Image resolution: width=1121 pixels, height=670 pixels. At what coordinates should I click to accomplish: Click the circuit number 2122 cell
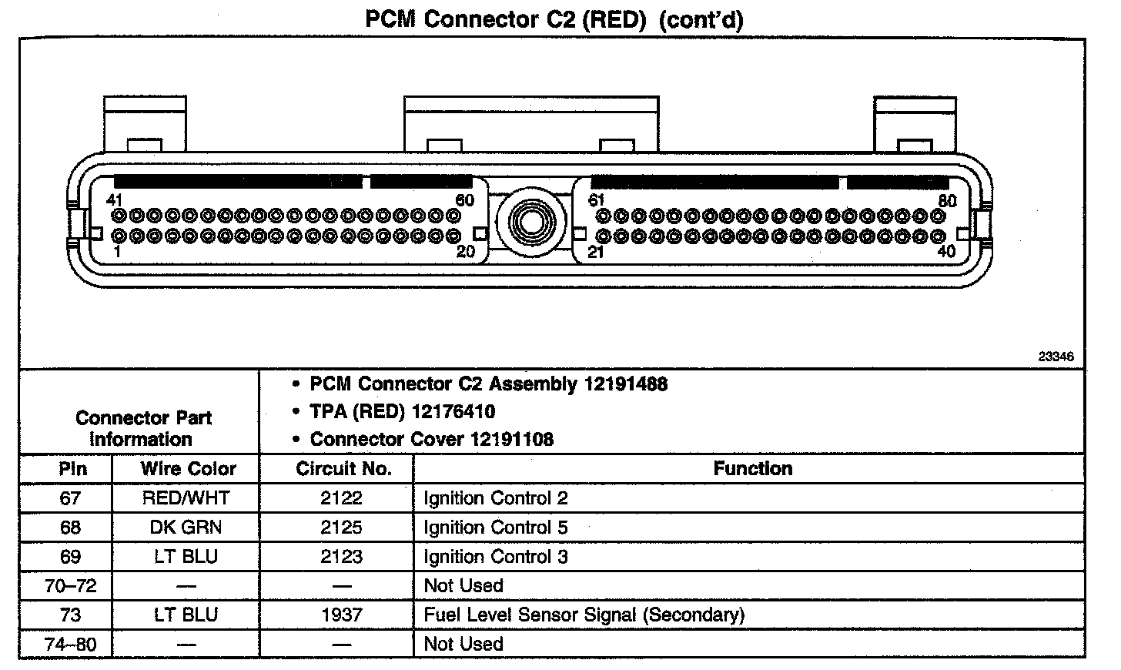(341, 498)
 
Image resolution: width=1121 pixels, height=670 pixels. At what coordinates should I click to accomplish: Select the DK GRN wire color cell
(186, 528)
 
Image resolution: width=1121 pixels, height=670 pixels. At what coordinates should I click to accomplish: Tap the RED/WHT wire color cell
(186, 498)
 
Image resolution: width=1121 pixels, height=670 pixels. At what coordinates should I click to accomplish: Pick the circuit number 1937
(341, 615)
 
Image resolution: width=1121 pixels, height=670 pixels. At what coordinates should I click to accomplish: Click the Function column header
(752, 468)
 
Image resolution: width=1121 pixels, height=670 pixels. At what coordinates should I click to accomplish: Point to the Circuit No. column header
(343, 468)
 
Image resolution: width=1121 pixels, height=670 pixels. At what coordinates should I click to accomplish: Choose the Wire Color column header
(188, 468)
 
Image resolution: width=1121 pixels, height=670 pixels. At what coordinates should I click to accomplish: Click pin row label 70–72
(71, 586)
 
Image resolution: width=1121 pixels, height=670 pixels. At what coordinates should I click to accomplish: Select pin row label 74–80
(71, 645)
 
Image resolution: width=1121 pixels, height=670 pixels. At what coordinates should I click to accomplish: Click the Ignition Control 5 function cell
(496, 528)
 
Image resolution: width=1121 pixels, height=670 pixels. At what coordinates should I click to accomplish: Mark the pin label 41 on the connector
(115, 200)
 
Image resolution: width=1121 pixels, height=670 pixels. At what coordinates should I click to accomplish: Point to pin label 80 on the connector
(948, 201)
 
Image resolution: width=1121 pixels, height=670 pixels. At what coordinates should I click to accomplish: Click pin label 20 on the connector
(466, 251)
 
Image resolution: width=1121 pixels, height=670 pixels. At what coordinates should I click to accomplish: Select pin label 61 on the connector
(597, 200)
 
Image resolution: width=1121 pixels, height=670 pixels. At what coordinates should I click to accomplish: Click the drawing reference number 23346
(1056, 357)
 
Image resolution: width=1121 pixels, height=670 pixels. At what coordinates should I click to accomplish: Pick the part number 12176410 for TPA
(453, 411)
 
